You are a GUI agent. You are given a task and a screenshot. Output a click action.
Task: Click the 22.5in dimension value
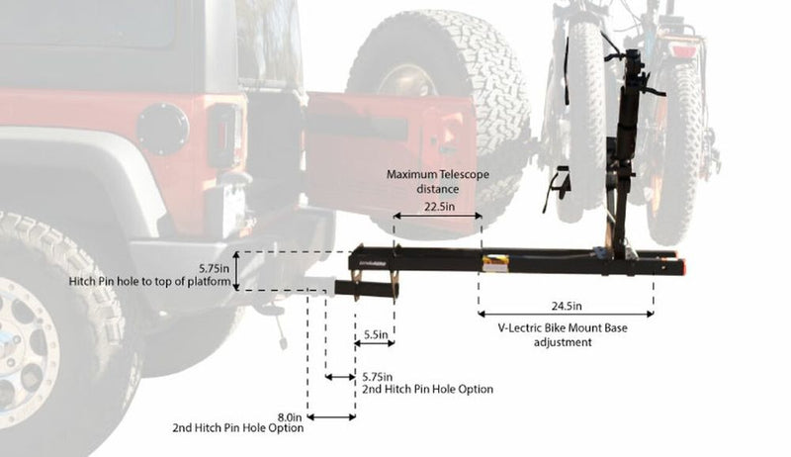pos(438,207)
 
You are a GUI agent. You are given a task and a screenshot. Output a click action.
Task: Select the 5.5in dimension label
pos(375,334)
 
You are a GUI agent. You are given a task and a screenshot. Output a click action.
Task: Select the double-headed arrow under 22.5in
pos(437,216)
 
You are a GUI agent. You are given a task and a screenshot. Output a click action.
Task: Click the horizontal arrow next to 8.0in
pos(331,416)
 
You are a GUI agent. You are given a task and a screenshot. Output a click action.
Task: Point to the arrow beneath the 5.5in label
pos(375,344)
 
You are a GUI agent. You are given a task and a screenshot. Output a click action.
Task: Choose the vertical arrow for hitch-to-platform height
pos(237,271)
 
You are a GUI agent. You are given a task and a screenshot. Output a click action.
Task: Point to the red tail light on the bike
pos(683,49)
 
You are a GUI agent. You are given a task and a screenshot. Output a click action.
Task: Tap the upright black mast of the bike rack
pos(623,148)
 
